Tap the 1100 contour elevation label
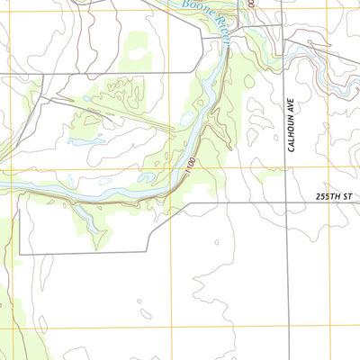[x=191, y=166]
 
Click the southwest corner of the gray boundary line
[x=20, y=254]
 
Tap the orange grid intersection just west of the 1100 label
[x=168, y=167]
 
